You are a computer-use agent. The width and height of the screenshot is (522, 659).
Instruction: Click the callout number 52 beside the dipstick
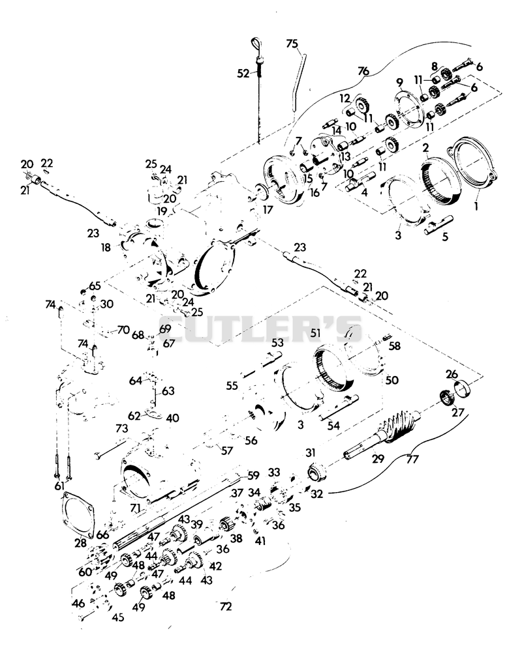pyautogui.click(x=243, y=74)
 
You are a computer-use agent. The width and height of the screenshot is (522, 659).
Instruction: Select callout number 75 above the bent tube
pyautogui.click(x=292, y=44)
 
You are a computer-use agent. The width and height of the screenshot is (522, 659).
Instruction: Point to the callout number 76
pyautogui.click(x=363, y=71)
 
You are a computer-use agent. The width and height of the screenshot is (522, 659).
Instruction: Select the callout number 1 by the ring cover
pyautogui.click(x=476, y=206)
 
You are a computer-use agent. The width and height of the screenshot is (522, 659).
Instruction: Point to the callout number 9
pyautogui.click(x=399, y=82)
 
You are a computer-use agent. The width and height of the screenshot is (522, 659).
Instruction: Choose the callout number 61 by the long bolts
pyautogui.click(x=59, y=486)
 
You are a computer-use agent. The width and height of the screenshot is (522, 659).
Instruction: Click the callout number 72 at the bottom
pyautogui.click(x=226, y=606)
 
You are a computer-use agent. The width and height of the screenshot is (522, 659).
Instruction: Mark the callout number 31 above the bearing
pyautogui.click(x=311, y=452)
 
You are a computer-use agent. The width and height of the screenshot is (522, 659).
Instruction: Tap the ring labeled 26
pyautogui.click(x=463, y=387)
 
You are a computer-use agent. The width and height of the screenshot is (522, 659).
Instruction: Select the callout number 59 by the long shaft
pyautogui.click(x=253, y=475)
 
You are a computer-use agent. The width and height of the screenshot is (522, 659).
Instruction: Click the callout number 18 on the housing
pyautogui.click(x=106, y=248)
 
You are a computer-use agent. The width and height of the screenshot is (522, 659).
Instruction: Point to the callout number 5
pyautogui.click(x=445, y=237)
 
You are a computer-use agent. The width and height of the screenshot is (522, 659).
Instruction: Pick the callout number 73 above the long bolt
pyautogui.click(x=121, y=429)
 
